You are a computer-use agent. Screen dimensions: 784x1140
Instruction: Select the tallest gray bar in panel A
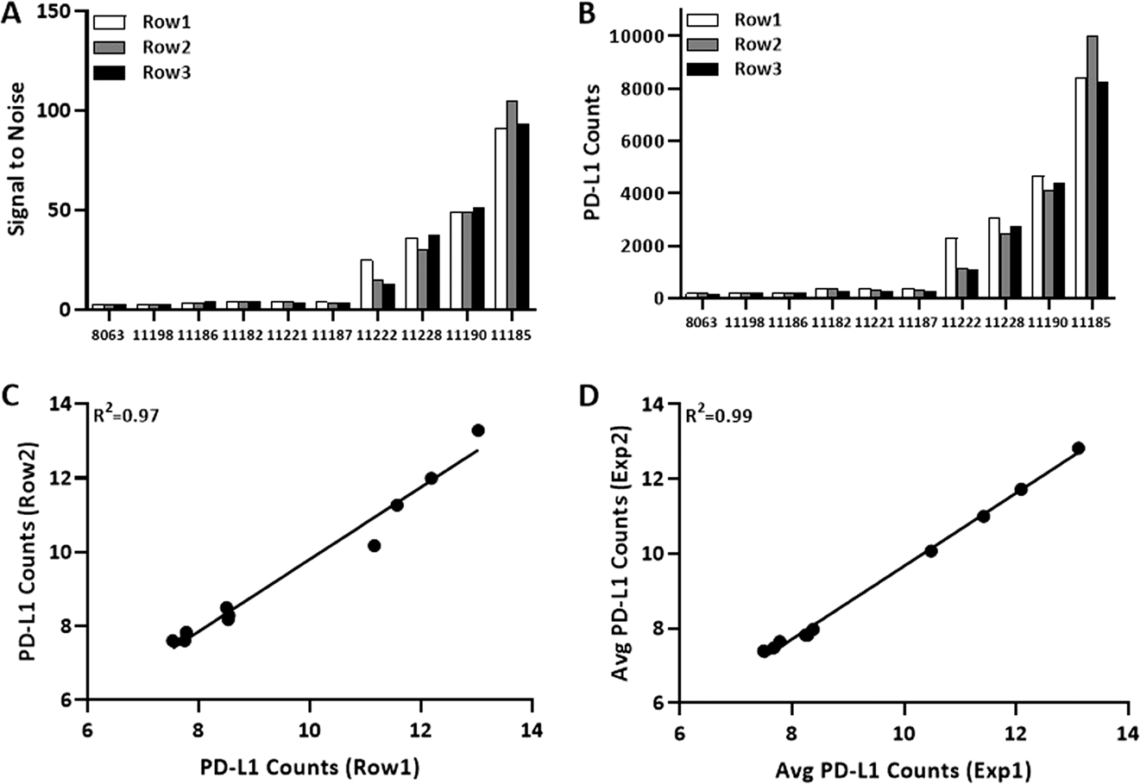(511, 204)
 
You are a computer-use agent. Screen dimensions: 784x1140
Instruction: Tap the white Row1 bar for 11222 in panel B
(951, 268)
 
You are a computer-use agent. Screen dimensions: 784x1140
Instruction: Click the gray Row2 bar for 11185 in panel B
(1092, 167)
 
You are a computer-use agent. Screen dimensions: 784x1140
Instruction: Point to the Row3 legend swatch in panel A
(110, 73)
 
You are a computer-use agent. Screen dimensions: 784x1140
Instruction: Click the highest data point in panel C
(478, 430)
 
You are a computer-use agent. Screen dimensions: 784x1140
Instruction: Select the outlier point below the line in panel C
(374, 545)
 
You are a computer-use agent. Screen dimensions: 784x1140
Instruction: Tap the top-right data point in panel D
(1078, 448)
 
